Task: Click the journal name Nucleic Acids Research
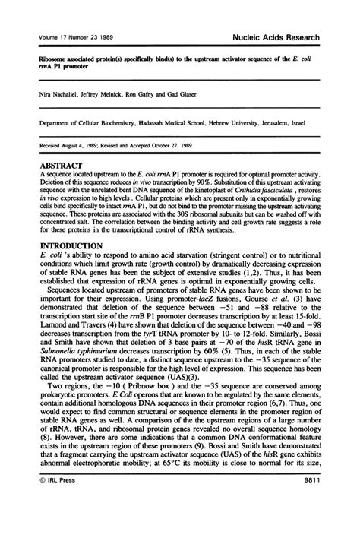click(288, 36)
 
